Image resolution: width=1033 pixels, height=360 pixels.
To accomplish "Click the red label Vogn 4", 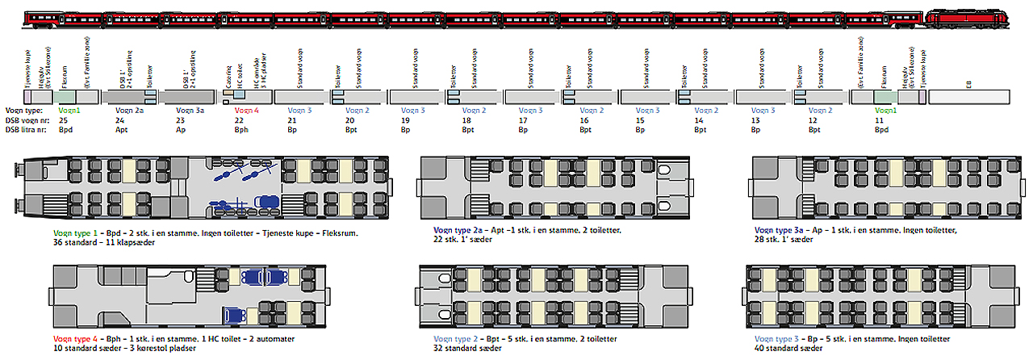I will (246, 111).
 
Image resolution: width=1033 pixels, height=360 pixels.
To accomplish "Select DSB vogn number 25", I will (63, 119).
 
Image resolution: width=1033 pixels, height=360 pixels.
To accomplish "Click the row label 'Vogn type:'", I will (23, 111).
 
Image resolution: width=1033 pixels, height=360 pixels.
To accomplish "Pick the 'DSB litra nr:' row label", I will (27, 129).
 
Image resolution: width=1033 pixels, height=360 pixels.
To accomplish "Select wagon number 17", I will (524, 119).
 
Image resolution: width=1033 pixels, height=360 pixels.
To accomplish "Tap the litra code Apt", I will (122, 129).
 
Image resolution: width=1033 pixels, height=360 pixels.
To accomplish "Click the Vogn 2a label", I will (129, 111).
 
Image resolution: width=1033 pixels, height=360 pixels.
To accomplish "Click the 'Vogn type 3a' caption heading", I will (780, 230).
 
